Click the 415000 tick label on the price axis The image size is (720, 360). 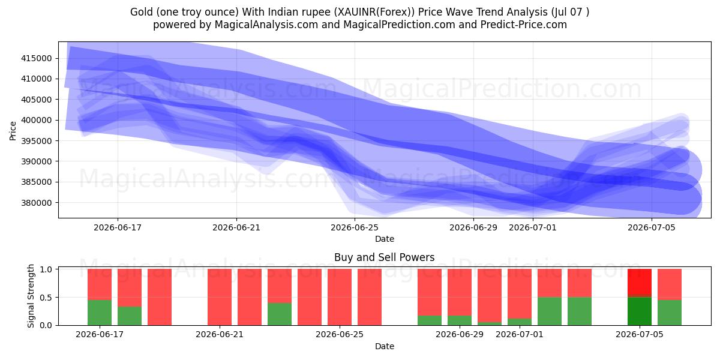point(37,59)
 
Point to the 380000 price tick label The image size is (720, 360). point(37,203)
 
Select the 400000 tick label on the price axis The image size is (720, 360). point(37,120)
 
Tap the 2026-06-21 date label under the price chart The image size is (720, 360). point(236,227)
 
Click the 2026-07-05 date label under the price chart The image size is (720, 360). point(652,227)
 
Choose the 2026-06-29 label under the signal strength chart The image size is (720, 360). point(460,334)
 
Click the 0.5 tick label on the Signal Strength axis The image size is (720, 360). point(46,298)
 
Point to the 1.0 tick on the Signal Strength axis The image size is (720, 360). point(46,269)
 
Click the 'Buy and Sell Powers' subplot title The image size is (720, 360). point(385,257)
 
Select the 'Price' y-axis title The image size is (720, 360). point(13,131)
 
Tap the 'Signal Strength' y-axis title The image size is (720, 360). point(31,296)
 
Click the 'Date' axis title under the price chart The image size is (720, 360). point(385,239)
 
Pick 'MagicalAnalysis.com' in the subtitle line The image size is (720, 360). point(266,25)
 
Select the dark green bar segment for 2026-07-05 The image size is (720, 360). point(640,311)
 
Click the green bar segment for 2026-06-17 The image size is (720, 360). point(100,313)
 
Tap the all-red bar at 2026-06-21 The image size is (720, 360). point(220,297)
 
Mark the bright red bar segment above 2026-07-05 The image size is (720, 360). point(640,281)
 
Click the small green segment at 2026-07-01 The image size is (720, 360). point(520,322)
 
